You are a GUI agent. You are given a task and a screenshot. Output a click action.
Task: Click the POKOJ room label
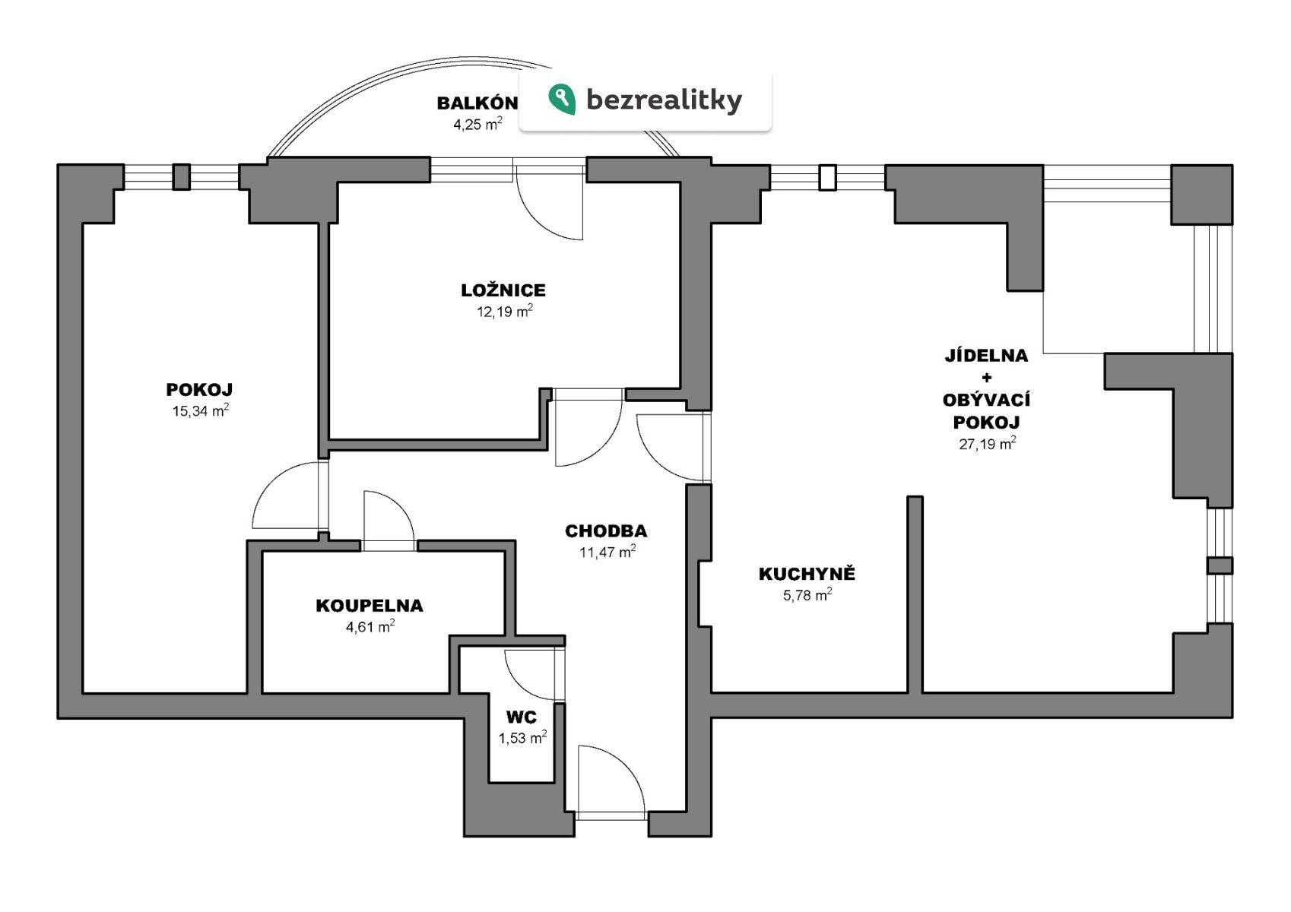click(x=199, y=390)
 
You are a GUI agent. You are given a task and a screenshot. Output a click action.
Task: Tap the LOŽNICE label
click(x=503, y=290)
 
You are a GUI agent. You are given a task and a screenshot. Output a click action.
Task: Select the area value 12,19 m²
click(x=504, y=312)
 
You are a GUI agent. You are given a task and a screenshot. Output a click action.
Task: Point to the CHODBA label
click(x=606, y=531)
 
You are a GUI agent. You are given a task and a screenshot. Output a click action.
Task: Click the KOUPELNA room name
click(x=370, y=606)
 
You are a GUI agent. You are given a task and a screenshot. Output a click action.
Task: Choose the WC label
click(x=522, y=717)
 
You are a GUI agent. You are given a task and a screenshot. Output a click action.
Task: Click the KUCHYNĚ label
click(x=807, y=574)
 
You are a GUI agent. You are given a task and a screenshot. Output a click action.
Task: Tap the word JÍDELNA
click(x=986, y=356)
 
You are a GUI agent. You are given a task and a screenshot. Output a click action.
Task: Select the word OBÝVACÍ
click(x=986, y=400)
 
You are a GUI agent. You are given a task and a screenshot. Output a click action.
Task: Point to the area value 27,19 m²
click(x=987, y=444)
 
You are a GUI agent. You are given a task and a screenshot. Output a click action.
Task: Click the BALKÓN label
click(x=477, y=103)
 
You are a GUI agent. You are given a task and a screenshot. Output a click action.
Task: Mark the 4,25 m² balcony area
click(x=477, y=125)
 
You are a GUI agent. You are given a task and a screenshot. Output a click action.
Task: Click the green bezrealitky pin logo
click(x=562, y=99)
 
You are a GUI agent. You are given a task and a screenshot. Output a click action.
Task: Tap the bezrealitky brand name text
click(x=664, y=100)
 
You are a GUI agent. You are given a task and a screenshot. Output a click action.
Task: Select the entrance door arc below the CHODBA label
click(x=611, y=779)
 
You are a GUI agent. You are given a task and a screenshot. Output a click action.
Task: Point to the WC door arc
click(x=532, y=675)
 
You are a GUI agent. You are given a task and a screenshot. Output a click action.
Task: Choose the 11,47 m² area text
click(x=607, y=553)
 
